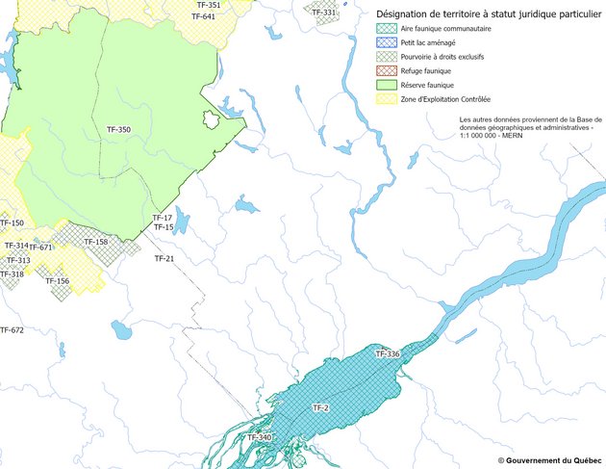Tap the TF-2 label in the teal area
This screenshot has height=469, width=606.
(320, 409)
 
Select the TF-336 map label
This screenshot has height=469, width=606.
(387, 354)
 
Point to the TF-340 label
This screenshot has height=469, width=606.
(260, 438)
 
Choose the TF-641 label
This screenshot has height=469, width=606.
(203, 16)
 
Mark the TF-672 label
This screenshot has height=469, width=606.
(12, 330)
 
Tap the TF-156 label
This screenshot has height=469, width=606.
(57, 281)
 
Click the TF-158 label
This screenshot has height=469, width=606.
(95, 242)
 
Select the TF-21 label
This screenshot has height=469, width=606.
(164, 258)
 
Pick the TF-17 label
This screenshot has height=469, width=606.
(162, 218)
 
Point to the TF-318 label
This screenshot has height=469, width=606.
(12, 274)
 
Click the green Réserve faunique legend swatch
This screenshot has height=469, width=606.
(383, 85)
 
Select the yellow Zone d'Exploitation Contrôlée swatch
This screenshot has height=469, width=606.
(383, 98)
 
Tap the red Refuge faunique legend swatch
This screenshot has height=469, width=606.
(383, 71)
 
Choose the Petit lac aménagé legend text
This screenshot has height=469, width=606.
(428, 44)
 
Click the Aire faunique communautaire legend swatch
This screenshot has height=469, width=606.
(383, 30)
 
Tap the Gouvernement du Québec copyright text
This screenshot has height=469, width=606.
(549, 460)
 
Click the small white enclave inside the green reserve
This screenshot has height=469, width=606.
(211, 119)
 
